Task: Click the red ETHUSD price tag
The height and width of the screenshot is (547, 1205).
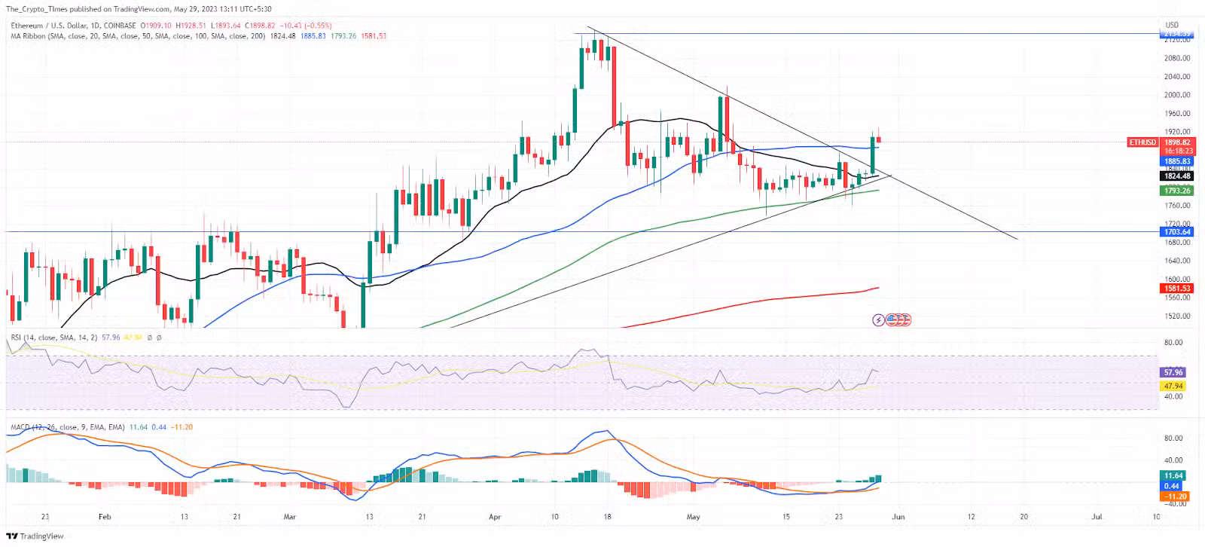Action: click(1142, 142)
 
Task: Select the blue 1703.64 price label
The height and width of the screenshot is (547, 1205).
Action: click(1177, 232)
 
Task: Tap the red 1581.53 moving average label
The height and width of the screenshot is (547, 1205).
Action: click(1177, 289)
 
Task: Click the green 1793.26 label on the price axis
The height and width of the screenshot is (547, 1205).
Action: click(1177, 191)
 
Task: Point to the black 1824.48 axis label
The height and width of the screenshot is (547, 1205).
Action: click(1177, 176)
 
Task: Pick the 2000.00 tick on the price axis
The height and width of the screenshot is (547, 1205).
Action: click(1177, 95)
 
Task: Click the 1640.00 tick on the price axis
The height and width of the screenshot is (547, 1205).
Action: click(1177, 261)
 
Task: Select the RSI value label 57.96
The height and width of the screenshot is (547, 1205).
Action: click(1173, 372)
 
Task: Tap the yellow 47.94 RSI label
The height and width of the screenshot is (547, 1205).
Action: click(1173, 386)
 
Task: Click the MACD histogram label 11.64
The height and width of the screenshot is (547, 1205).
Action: click(1173, 475)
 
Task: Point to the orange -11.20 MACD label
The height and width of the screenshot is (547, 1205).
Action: click(1176, 497)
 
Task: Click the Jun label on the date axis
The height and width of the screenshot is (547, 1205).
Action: click(898, 517)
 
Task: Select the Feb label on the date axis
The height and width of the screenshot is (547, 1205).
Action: click(105, 517)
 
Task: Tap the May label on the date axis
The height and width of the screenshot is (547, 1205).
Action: click(694, 517)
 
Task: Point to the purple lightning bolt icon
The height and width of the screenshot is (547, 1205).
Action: click(878, 320)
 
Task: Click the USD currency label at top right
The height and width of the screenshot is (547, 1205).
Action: click(1172, 25)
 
